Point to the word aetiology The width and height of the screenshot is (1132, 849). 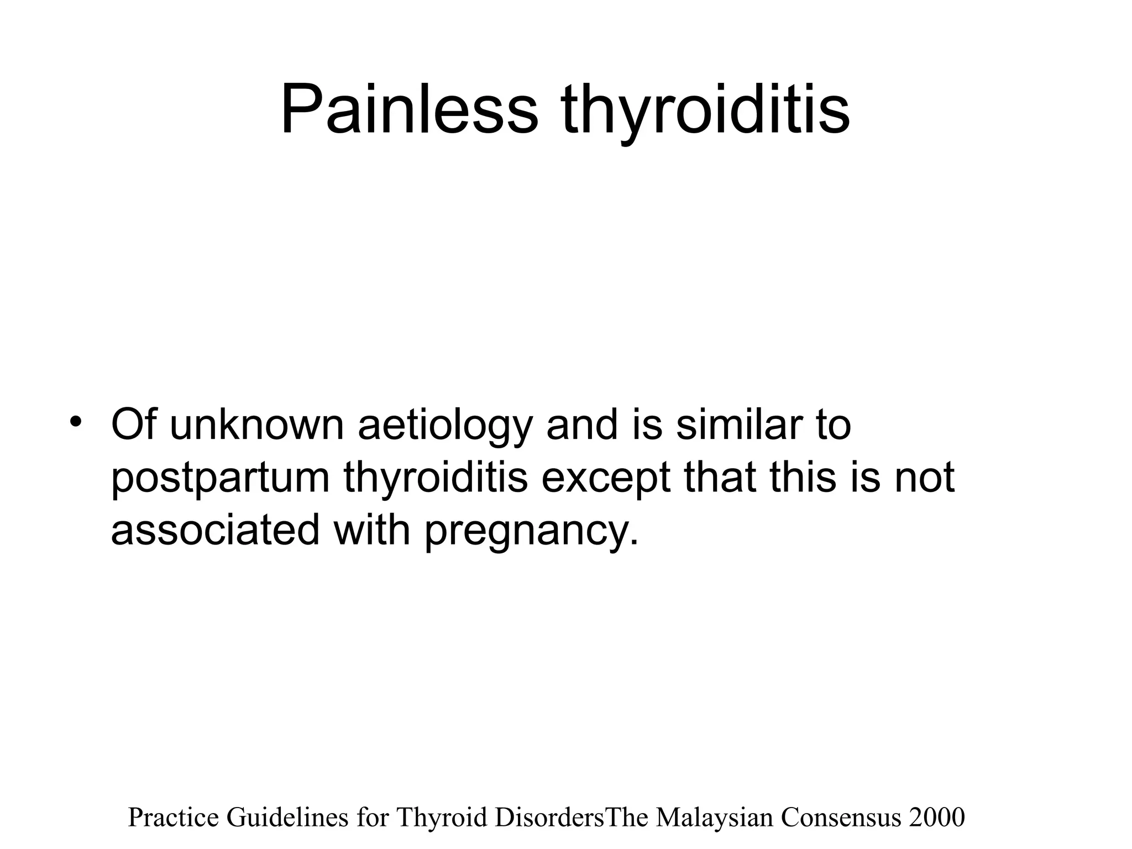tap(446, 426)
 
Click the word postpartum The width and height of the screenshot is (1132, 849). tap(221, 479)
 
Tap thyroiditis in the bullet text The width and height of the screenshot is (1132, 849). tap(436, 478)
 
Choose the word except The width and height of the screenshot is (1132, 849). tap(606, 479)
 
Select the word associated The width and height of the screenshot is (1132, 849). tap(215, 530)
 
